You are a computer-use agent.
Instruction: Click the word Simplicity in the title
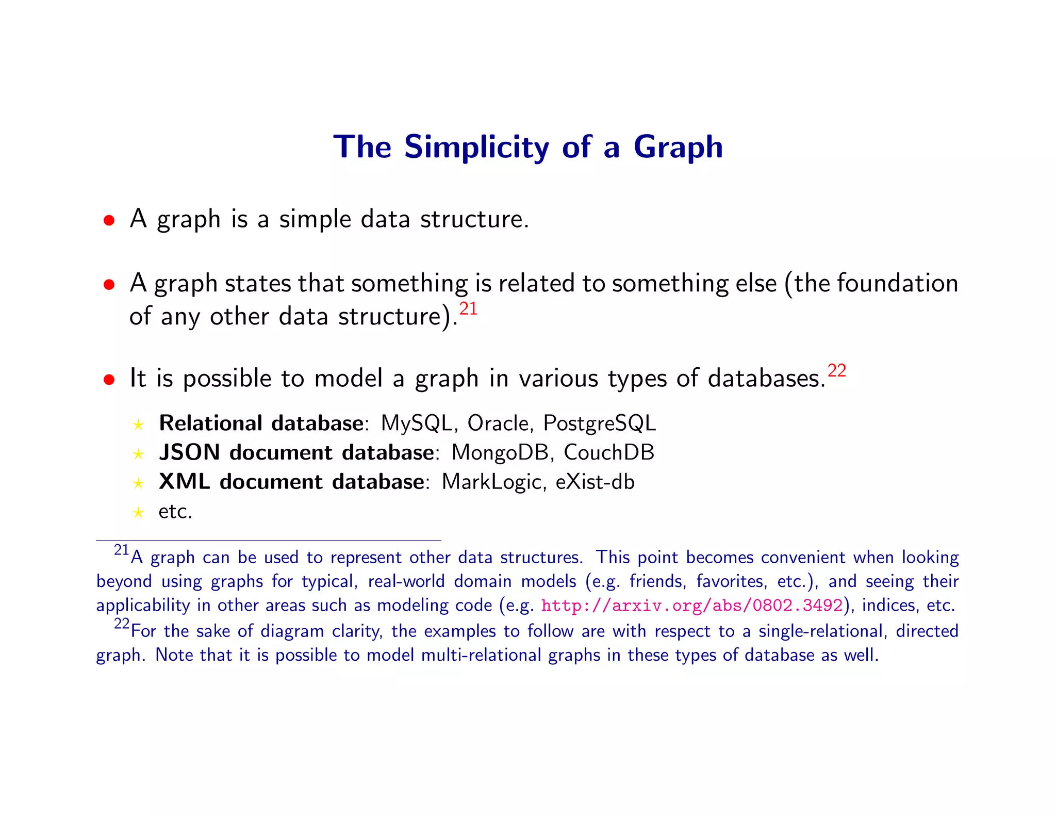[476, 148]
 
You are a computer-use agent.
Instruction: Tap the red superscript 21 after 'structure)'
[468, 309]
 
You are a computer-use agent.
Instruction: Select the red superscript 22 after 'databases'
[836, 371]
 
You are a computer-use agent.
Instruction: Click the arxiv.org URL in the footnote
[691, 605]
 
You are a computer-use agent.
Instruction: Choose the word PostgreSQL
[599, 424]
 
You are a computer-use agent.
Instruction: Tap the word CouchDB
[608, 453]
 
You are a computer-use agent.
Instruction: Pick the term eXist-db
[595, 482]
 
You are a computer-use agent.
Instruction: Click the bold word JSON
[190, 453]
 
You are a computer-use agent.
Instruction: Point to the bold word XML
[184, 482]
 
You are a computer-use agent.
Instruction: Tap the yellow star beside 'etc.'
[138, 513]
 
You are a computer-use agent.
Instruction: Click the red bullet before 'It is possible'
[109, 380]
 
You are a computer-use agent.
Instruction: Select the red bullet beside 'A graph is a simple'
[109, 221]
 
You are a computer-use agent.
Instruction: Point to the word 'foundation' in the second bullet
[897, 284]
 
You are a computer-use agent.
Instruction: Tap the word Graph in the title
[678, 148]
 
